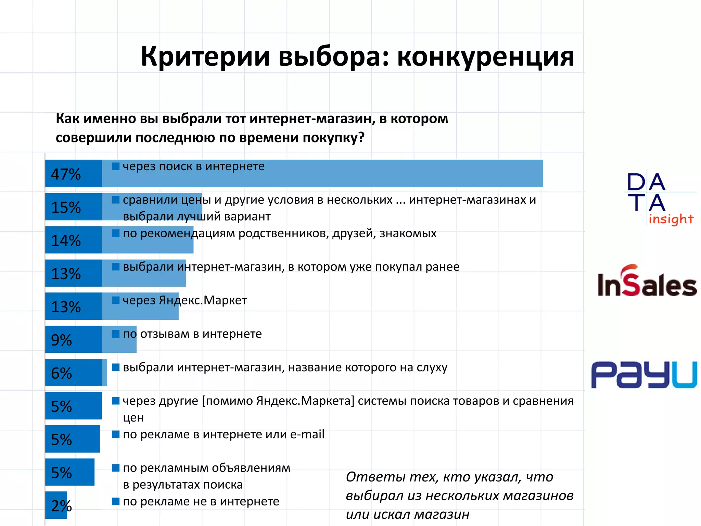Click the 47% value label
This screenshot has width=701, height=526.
click(66, 174)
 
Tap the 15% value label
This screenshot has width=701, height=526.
click(66, 208)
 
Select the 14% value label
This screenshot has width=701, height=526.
click(66, 241)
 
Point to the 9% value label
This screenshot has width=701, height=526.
click(61, 340)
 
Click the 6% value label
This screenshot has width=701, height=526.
click(61, 373)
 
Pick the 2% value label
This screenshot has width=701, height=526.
click(61, 506)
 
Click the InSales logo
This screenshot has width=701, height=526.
click(647, 281)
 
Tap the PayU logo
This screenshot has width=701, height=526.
click(644, 375)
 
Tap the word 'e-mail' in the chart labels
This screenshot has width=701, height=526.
click(307, 434)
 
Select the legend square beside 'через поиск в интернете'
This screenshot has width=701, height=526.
click(116, 166)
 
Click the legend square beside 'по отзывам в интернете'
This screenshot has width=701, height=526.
click(116, 334)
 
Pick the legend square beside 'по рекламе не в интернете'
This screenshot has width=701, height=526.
click(116, 501)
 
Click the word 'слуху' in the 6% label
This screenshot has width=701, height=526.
click(432, 367)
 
